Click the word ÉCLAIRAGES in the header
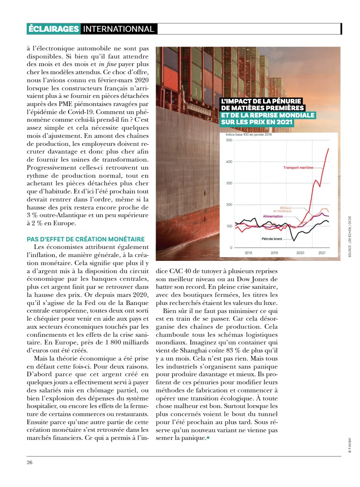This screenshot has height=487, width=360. pyautogui.click(x=53, y=29)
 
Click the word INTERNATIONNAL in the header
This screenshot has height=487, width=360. pyautogui.click(x=118, y=29)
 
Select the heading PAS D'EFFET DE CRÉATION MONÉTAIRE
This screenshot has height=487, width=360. pyautogui.click(x=86, y=239)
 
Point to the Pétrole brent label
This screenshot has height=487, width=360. pyautogui.click(x=272, y=239)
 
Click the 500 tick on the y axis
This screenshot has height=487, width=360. pyautogui.click(x=229, y=140)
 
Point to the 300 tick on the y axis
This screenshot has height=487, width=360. pyautogui.click(x=229, y=183)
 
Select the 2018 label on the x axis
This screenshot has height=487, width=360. pyautogui.click(x=248, y=253)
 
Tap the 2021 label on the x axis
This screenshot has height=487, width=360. pyautogui.click(x=322, y=253)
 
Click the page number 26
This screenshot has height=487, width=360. pyautogui.click(x=29, y=462)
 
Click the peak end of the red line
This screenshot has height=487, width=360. pyautogui.click(x=329, y=148)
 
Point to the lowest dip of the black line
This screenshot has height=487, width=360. pyautogui.click(x=294, y=241)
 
